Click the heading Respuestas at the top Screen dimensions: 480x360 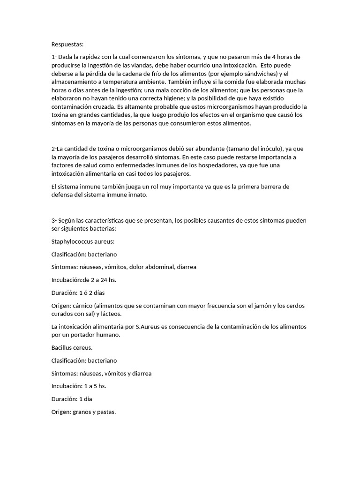[67, 45]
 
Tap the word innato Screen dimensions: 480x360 [136, 195]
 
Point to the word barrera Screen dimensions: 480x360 [262, 187]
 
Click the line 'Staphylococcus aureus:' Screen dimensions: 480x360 [83, 241]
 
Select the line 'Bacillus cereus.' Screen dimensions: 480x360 [72, 348]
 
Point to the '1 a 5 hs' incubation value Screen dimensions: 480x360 [99, 387]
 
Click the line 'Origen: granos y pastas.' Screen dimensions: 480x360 [83, 412]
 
